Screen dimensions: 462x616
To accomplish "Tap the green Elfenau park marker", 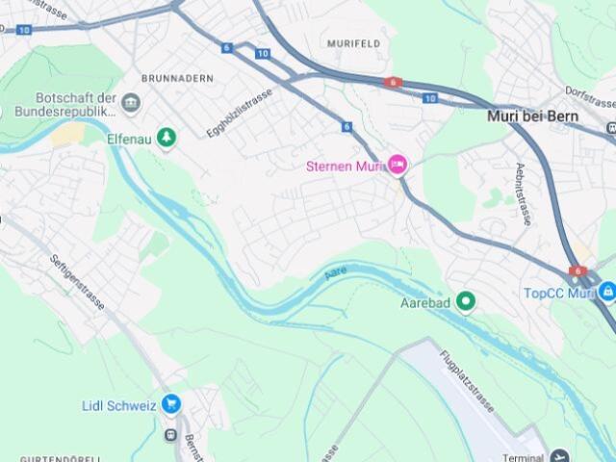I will [x=167, y=139].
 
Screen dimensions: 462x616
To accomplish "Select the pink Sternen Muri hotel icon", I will [x=397, y=166].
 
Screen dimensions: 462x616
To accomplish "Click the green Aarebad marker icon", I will [x=466, y=303].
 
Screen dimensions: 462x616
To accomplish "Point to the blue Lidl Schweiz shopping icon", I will [x=171, y=404].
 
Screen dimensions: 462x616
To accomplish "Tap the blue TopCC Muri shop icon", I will [x=606, y=292].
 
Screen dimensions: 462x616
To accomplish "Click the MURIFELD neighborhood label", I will [x=353, y=44].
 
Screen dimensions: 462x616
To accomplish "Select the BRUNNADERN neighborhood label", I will [x=177, y=78].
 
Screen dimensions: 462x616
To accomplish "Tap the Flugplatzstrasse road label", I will [x=467, y=381].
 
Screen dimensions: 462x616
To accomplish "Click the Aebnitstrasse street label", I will [x=523, y=193].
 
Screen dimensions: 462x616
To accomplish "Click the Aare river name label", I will [x=335, y=273].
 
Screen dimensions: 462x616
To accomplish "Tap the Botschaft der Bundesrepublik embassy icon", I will [x=131, y=103].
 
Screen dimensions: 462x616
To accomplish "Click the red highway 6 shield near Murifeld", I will [x=392, y=83].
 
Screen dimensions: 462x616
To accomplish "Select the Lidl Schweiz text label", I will [x=119, y=405].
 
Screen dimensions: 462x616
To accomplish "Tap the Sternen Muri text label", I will [x=345, y=166].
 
